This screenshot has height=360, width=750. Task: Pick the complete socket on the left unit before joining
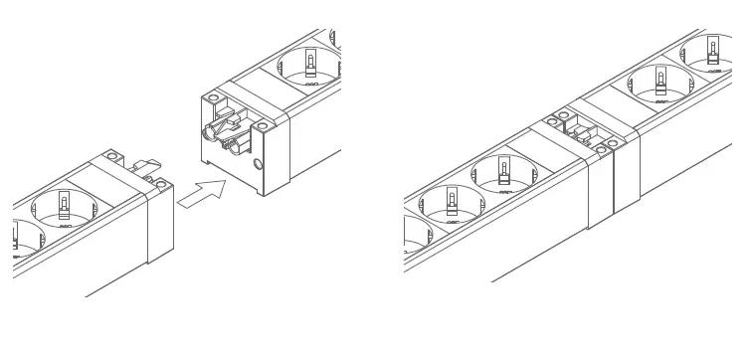pyautogui.click(x=66, y=209)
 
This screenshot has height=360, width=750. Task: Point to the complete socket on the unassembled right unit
pyautogui.click(x=310, y=68)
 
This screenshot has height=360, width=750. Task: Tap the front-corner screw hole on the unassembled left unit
pyautogui.click(x=159, y=184)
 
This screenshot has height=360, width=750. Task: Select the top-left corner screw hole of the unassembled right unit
pyautogui.click(x=213, y=99)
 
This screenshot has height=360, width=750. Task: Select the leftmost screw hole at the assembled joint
pyautogui.click(x=550, y=122)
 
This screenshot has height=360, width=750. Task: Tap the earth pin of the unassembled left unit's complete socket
pyautogui.click(x=65, y=206)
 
